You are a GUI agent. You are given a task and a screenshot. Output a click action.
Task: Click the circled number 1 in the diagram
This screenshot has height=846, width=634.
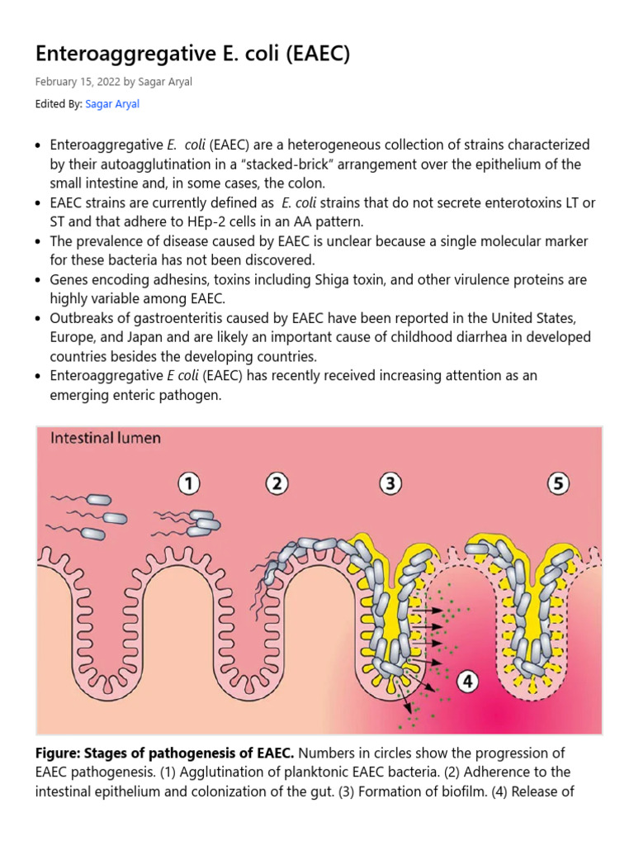[191, 483]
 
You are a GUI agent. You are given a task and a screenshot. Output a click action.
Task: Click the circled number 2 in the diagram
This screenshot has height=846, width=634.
[276, 483]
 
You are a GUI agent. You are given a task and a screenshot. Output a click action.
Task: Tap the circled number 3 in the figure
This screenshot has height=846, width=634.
[390, 483]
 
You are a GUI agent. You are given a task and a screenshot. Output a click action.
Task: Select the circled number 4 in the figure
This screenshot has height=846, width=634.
[467, 682]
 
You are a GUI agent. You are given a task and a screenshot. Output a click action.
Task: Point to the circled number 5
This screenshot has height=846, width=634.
[559, 483]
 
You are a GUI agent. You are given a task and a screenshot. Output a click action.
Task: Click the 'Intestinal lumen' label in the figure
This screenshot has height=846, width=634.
[106, 438]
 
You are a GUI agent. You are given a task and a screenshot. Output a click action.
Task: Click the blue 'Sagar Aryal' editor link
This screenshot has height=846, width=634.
[112, 104]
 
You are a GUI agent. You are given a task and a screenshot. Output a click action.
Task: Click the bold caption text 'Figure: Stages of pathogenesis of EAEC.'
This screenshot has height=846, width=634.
[165, 753]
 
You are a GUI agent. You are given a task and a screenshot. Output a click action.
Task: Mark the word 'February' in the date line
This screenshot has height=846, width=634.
[54, 81]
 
